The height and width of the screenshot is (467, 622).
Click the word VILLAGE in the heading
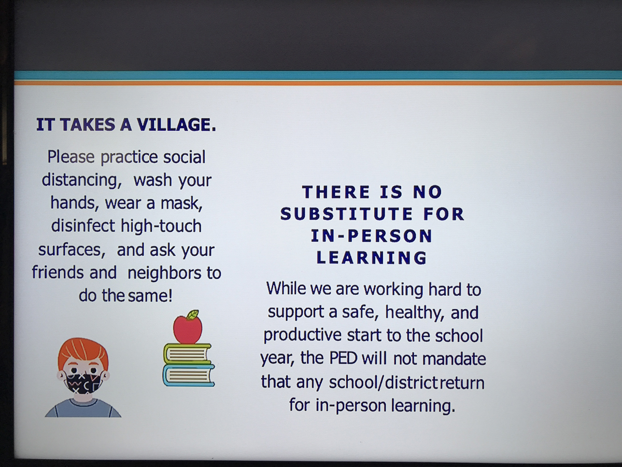point(176,125)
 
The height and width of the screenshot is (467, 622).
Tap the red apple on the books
point(188,329)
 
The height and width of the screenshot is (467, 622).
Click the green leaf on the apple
point(193,314)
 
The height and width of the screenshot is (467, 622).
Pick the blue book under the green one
point(189,376)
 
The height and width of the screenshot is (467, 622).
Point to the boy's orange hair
point(83,352)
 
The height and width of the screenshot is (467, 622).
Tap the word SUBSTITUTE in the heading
point(347,214)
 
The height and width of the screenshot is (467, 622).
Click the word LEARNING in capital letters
point(372,258)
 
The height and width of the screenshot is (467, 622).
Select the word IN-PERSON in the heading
point(372,236)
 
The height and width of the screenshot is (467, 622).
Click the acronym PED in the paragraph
point(343,359)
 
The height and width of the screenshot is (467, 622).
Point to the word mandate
point(454,359)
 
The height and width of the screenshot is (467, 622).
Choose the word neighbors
point(164,273)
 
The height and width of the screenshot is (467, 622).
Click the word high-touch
point(161,227)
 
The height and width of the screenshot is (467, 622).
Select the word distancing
point(82,181)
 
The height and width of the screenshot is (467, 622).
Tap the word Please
point(71,157)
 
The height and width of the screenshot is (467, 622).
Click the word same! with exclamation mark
point(150,296)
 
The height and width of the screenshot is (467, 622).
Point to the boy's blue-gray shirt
point(83,408)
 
